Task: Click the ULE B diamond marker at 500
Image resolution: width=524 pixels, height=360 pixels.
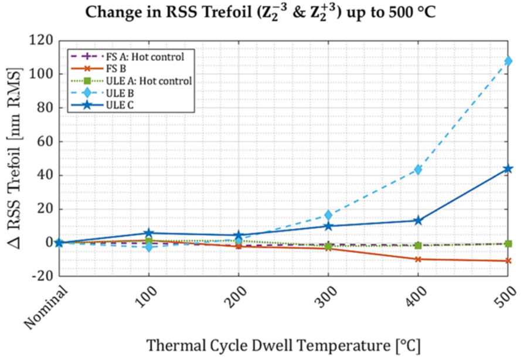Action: click(x=508, y=61)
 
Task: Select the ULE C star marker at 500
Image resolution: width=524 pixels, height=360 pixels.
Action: click(x=508, y=169)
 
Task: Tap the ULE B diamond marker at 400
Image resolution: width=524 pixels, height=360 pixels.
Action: click(x=418, y=169)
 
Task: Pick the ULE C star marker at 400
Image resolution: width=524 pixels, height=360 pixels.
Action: click(x=418, y=220)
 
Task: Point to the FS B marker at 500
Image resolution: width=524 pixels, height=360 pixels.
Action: click(x=508, y=261)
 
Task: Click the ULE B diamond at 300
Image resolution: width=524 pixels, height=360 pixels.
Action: click(x=328, y=215)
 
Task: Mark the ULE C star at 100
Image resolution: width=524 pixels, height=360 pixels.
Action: click(x=149, y=233)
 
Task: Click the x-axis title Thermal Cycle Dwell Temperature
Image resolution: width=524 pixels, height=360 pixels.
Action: click(x=284, y=343)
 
